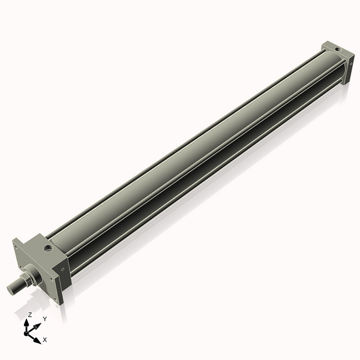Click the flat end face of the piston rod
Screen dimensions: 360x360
point(11,290)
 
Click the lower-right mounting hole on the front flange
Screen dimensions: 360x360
point(55,298)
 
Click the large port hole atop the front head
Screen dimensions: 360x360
point(46,247)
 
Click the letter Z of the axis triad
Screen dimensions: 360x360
point(29,314)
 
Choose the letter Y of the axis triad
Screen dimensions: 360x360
point(44,319)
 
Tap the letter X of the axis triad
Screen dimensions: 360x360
point(44,340)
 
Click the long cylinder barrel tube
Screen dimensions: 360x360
point(192,150)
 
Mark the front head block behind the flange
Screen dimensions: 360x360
point(48,258)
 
